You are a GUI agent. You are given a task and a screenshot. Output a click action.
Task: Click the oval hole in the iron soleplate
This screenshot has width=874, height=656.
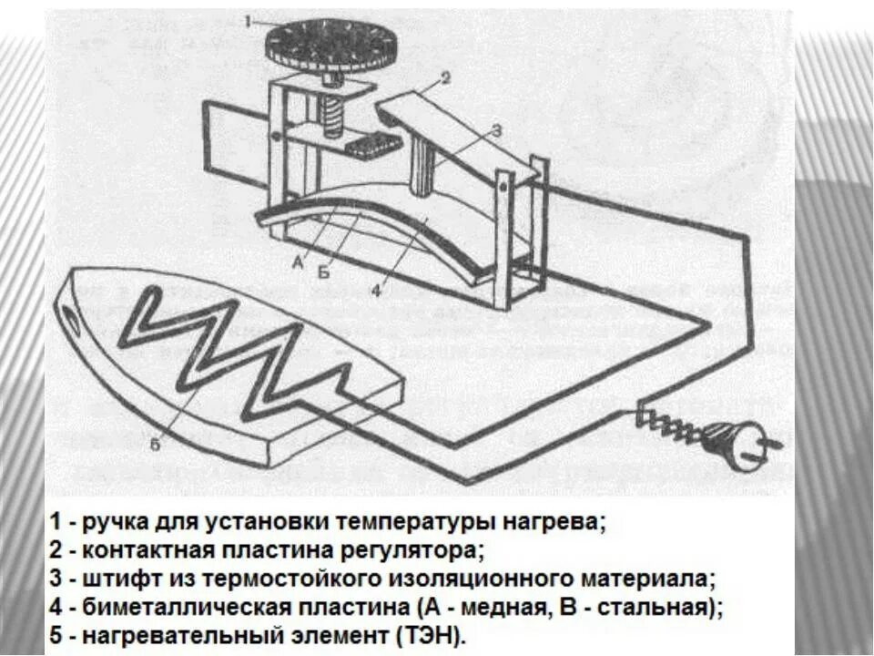click(x=70, y=316)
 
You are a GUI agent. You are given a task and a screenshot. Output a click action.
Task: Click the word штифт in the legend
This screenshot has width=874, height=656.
click(x=117, y=579)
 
